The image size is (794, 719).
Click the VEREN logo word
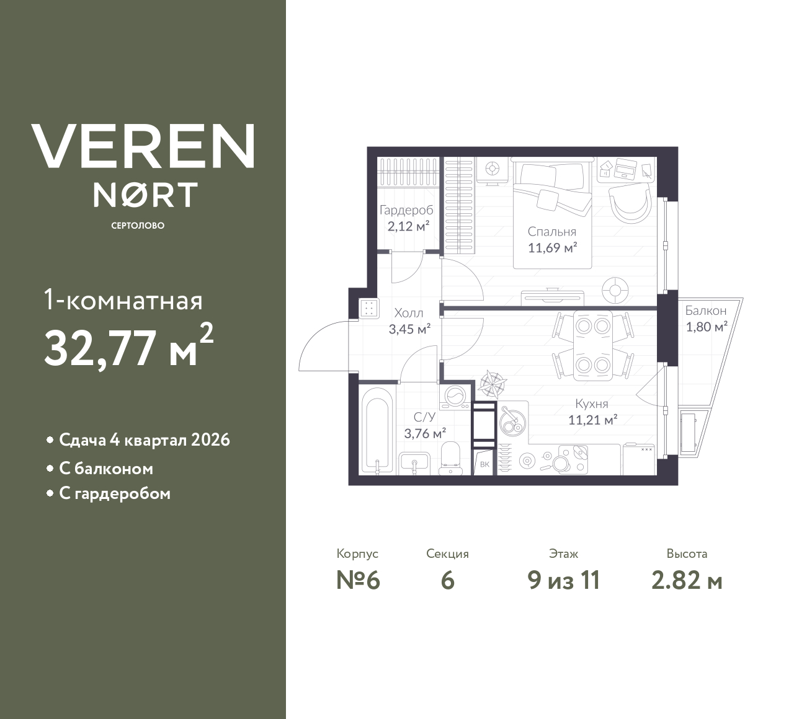pos(143,146)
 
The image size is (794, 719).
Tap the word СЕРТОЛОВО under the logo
pos(138,226)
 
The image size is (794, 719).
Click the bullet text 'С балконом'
pos(106,469)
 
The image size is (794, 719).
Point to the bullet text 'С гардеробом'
pos(115,494)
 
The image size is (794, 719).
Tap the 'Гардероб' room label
pos(406,210)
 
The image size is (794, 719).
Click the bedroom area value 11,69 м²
pos(552,249)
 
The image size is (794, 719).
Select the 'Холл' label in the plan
pos(409,314)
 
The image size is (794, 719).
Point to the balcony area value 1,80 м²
pos(706,327)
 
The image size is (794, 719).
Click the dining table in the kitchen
pos(592,345)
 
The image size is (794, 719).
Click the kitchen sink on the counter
pos(513,422)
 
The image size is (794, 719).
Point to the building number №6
pos(358,581)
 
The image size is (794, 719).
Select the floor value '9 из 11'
pos(563,581)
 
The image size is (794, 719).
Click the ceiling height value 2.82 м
pos(687,581)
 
